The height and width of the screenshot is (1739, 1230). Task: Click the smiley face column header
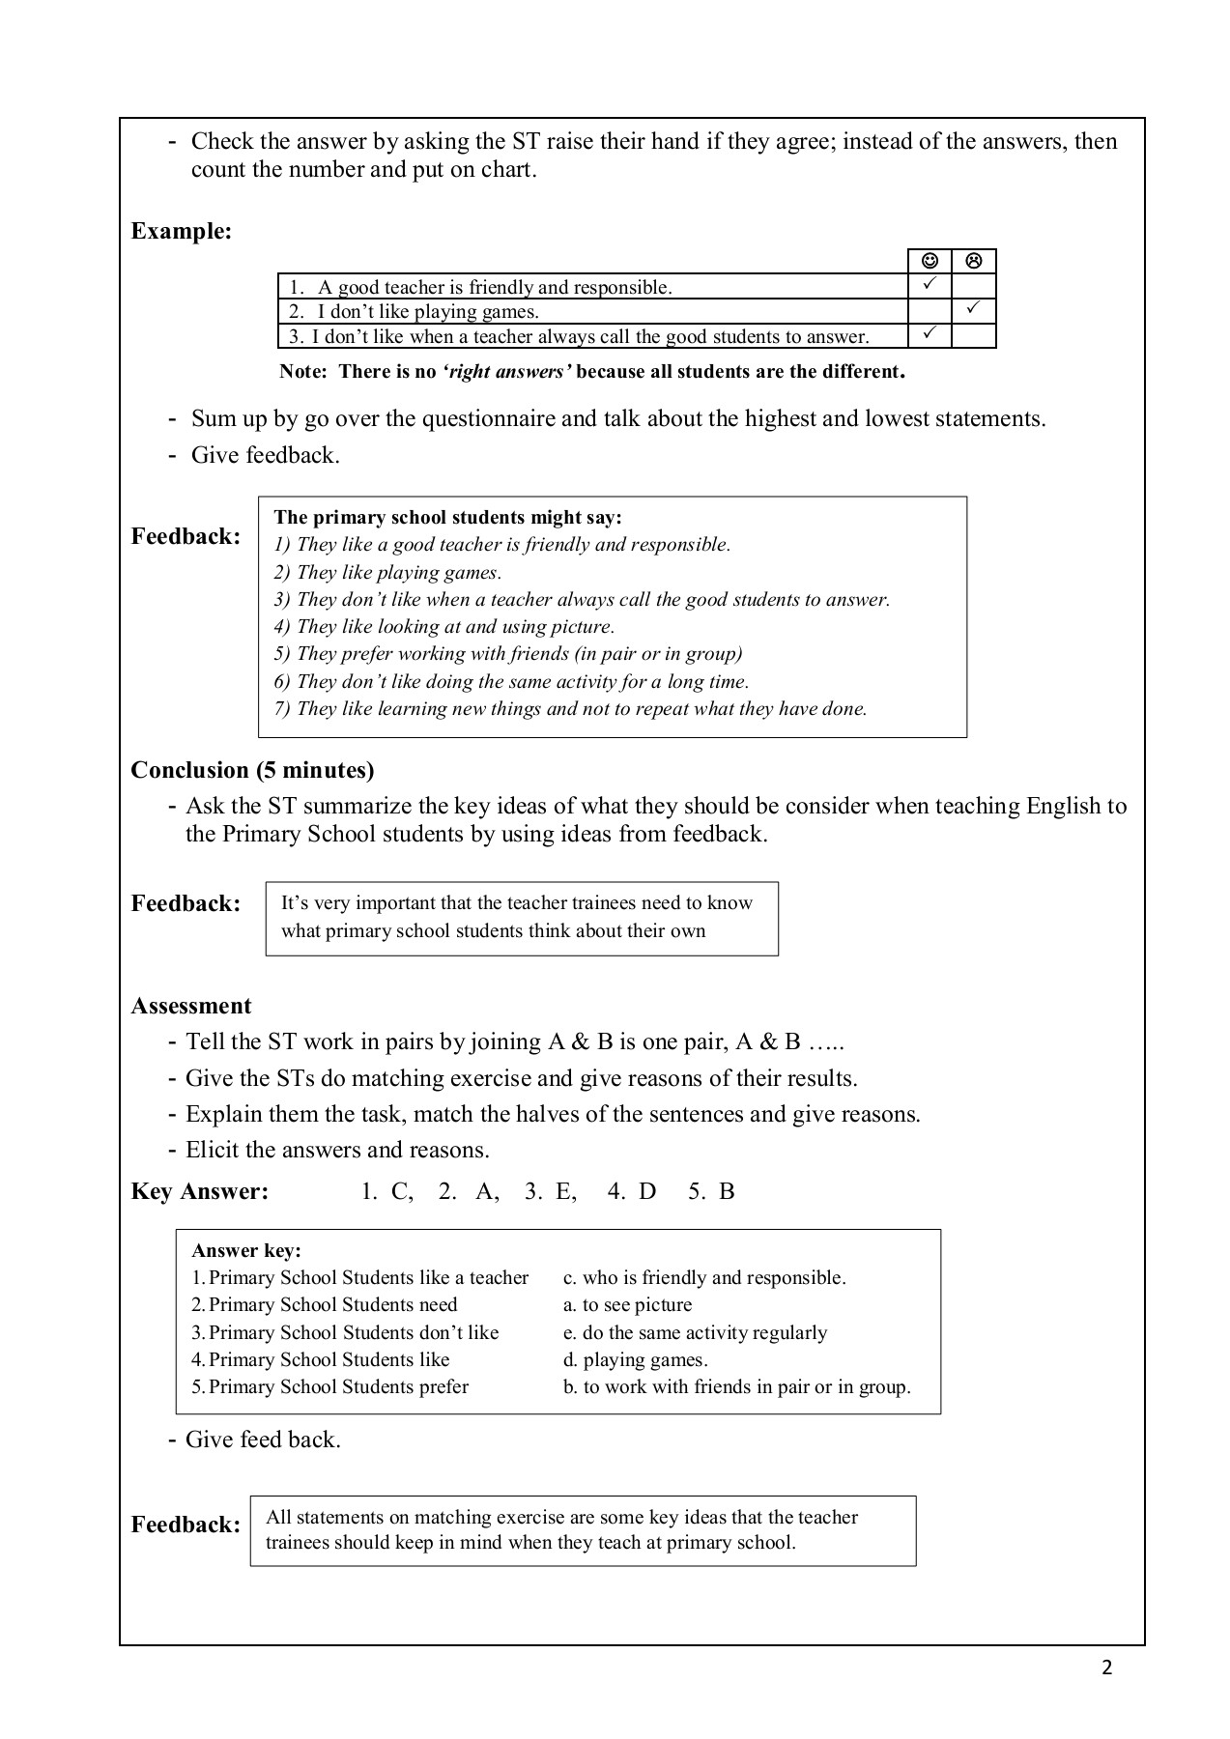[x=930, y=261]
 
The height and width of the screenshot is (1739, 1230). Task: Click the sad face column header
[x=974, y=261]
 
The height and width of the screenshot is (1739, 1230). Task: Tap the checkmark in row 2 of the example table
[x=974, y=310]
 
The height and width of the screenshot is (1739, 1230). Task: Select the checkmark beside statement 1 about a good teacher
[x=930, y=285]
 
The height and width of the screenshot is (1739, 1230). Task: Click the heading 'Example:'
[x=182, y=231]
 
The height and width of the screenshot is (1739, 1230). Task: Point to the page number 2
[x=1107, y=1668]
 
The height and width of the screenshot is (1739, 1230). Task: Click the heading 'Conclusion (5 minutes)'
[x=252, y=770]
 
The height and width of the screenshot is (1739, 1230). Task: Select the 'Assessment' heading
[x=191, y=1006]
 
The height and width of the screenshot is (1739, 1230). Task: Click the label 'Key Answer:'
[x=200, y=1191]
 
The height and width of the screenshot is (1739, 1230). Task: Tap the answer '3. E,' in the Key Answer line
[x=551, y=1191]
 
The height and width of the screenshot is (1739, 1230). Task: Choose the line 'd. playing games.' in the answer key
[x=636, y=1359]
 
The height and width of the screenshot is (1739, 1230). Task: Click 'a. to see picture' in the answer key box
[x=628, y=1305]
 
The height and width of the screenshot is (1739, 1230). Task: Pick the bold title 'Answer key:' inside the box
[x=247, y=1251]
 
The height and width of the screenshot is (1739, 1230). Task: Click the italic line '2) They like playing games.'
[x=388, y=572]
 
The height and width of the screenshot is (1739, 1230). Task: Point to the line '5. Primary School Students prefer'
[x=330, y=1386]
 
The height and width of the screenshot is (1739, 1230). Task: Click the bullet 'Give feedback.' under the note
[x=266, y=455]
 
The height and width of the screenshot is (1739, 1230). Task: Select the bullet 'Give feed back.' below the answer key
[x=263, y=1440]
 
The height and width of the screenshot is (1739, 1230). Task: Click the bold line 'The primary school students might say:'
[x=448, y=518]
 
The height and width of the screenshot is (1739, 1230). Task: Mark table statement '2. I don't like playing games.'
[x=415, y=312]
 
